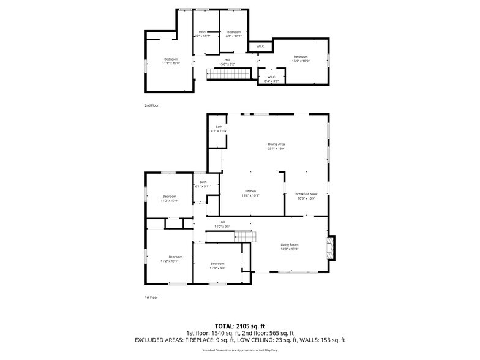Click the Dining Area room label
tap(276, 146)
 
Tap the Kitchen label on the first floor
tap(250, 193)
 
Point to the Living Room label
tap(289, 247)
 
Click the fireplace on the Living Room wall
tap(330, 247)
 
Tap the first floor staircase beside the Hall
tap(246, 236)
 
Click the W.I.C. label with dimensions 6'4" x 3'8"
tap(271, 79)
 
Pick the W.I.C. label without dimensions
tap(260, 47)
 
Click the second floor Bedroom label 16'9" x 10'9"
tap(301, 59)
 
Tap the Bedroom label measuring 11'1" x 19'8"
tap(170, 61)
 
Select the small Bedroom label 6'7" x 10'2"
tap(233, 34)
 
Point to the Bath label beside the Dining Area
tap(219, 129)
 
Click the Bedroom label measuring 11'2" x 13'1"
tap(176, 258)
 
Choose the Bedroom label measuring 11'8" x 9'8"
tap(218, 266)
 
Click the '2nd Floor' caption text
tap(151, 105)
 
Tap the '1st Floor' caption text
tap(151, 298)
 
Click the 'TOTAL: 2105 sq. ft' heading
tap(239, 326)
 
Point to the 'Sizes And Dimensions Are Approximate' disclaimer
tap(239, 350)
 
